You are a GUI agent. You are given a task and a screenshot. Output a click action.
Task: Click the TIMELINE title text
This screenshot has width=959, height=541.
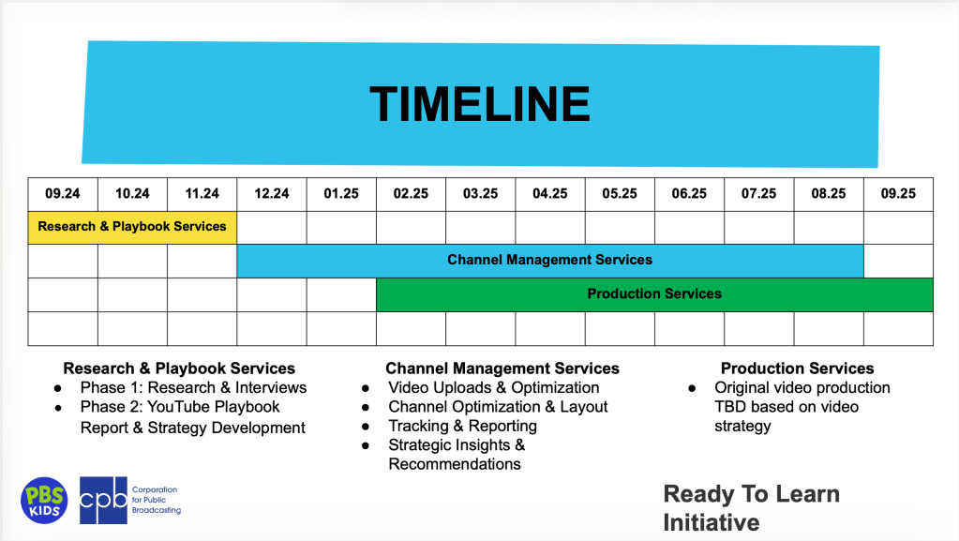480,104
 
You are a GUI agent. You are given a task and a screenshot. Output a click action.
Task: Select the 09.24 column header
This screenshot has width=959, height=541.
63,194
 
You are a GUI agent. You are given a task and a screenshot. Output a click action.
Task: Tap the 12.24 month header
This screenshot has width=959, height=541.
272,194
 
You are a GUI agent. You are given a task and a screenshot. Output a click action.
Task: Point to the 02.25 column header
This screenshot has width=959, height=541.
411,194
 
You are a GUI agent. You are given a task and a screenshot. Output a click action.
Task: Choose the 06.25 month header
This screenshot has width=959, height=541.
689,194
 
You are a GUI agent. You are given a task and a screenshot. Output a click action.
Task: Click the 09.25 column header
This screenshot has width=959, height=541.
898,194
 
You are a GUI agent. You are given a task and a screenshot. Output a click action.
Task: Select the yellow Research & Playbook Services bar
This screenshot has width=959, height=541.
132,228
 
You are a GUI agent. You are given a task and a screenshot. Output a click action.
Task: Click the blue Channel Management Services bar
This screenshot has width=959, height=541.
550,261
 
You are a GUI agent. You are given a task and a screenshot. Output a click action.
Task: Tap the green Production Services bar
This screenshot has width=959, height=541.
654,294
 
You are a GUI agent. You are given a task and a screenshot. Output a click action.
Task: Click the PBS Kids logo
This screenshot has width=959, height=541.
44,501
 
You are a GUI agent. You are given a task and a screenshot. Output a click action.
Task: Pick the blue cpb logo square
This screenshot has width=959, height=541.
103,501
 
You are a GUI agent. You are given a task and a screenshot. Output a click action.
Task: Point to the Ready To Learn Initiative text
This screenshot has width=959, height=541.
751,508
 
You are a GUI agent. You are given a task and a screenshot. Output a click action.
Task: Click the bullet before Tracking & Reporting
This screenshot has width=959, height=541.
366,427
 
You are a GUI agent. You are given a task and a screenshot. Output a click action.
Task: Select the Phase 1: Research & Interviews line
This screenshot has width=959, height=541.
193,387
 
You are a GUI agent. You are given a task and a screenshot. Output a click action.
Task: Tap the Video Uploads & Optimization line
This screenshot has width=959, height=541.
494,387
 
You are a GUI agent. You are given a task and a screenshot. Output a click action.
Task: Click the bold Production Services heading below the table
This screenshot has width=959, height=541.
797,368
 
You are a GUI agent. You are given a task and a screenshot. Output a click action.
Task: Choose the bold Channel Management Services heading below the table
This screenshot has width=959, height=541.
502,368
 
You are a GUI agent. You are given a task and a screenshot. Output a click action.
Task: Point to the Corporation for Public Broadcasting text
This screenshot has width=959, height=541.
157,500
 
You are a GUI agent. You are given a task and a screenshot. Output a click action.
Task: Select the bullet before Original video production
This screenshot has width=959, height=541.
692,388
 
